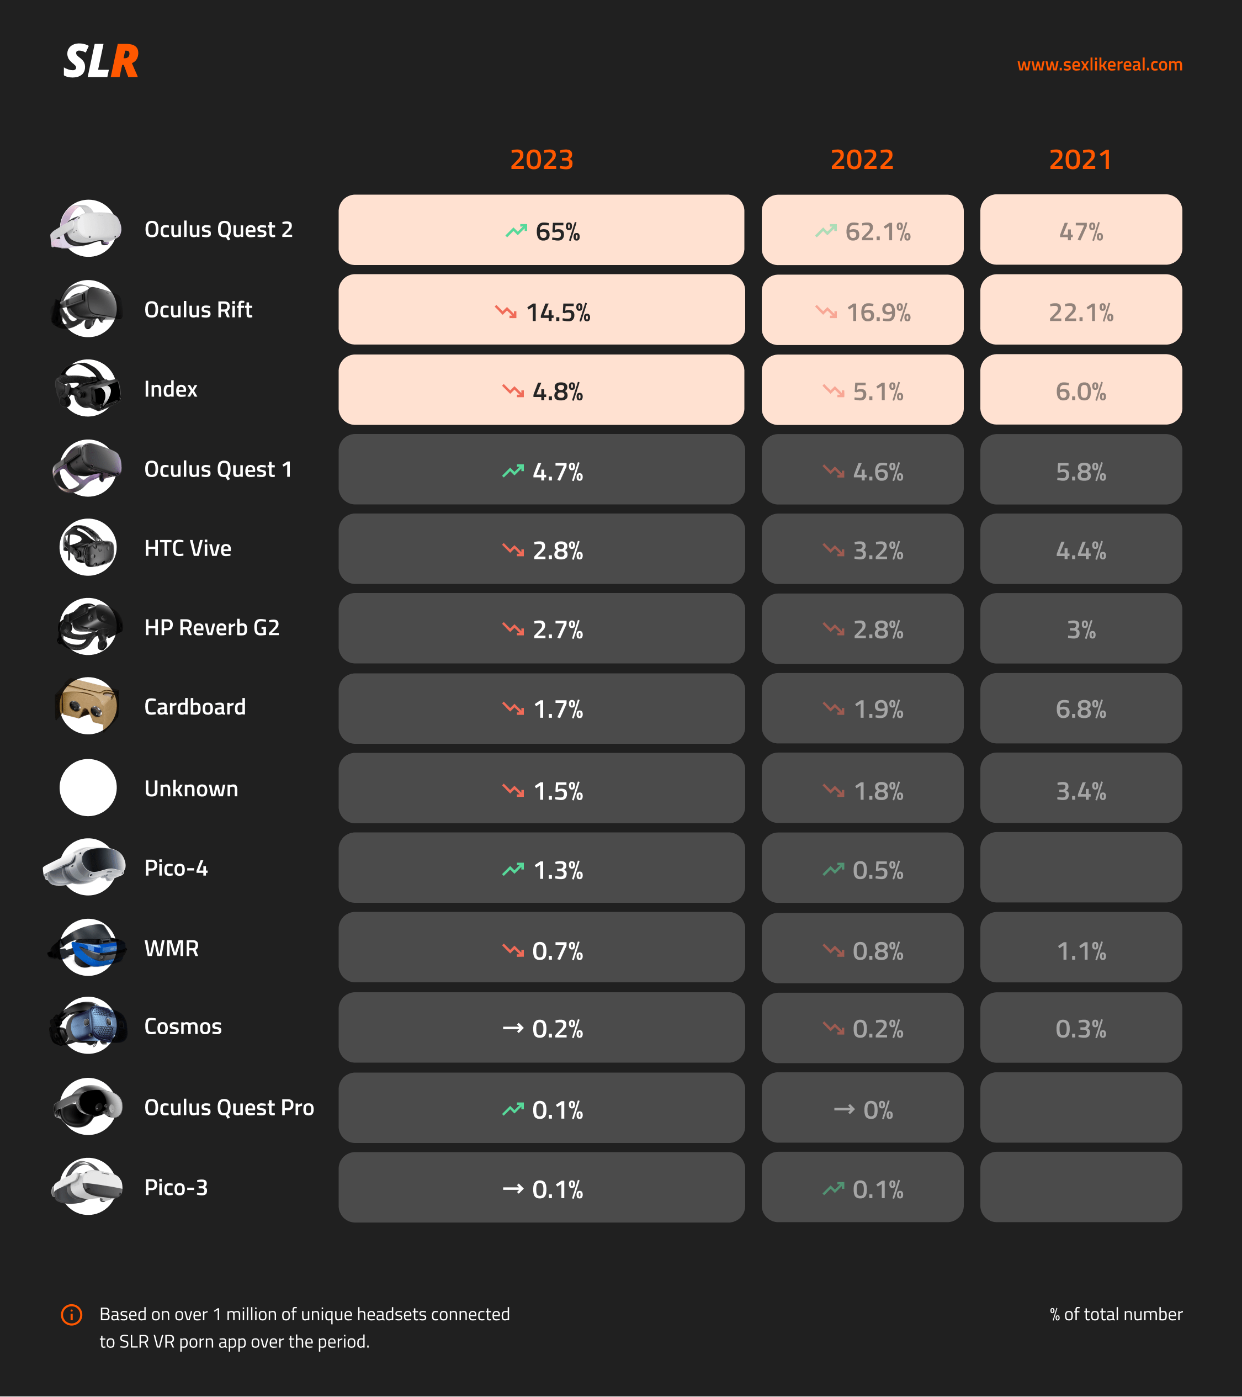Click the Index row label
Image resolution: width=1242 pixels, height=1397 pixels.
(171, 389)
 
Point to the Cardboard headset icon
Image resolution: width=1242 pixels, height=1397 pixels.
(87, 706)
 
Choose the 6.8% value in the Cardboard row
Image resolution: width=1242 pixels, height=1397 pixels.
(1081, 710)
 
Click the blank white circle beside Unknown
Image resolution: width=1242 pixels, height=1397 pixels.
(87, 787)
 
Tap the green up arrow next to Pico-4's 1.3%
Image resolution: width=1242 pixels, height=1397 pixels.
(513, 869)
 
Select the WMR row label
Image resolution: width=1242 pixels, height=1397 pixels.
(172, 948)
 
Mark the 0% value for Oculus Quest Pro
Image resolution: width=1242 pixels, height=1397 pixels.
(878, 1110)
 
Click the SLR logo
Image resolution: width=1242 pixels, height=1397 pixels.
(101, 61)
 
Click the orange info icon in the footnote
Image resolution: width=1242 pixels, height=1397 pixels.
(72, 1314)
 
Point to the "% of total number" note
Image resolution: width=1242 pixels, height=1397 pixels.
(1116, 1314)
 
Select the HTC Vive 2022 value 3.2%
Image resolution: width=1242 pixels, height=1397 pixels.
(878, 550)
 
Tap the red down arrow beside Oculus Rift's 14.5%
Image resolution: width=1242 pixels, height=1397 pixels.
(506, 311)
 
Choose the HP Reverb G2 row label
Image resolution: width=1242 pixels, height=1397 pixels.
(212, 627)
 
